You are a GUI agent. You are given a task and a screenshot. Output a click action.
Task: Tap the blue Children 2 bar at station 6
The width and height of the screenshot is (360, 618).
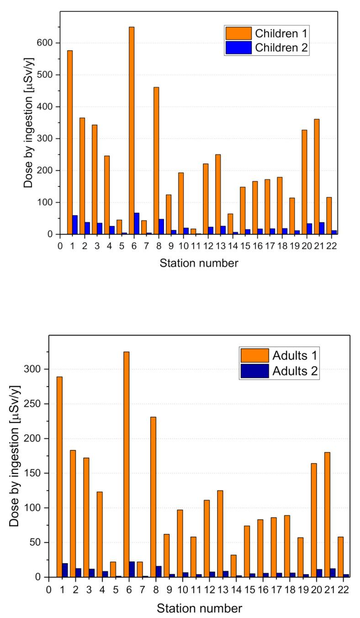pyautogui.click(x=137, y=223)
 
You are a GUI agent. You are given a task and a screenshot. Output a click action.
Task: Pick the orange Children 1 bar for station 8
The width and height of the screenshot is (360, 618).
pyautogui.click(x=156, y=160)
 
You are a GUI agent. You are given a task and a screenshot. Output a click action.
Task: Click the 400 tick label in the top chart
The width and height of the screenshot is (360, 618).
pyautogui.click(x=46, y=107)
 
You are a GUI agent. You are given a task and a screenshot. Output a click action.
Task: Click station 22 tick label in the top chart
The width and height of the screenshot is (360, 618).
pyautogui.click(x=334, y=246)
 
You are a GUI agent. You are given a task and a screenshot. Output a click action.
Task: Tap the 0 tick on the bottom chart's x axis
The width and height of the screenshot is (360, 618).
pyautogui.click(x=49, y=589)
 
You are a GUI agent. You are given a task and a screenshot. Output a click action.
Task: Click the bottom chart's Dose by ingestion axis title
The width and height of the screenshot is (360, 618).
pyautogui.click(x=15, y=455)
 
